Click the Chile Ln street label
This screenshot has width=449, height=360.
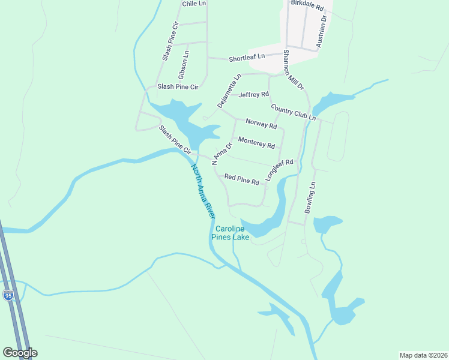(x=194, y=4)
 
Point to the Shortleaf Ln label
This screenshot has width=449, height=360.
(x=246, y=58)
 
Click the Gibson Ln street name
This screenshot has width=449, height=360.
(x=183, y=65)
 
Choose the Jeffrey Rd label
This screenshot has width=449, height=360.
(x=253, y=95)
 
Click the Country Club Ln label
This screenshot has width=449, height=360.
(x=293, y=112)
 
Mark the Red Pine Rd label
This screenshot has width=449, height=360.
(x=241, y=179)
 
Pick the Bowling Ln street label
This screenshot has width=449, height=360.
(x=310, y=199)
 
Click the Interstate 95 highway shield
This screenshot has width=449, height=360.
(x=8, y=296)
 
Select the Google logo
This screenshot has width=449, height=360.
(x=20, y=353)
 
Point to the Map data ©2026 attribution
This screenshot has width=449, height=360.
(x=423, y=355)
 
